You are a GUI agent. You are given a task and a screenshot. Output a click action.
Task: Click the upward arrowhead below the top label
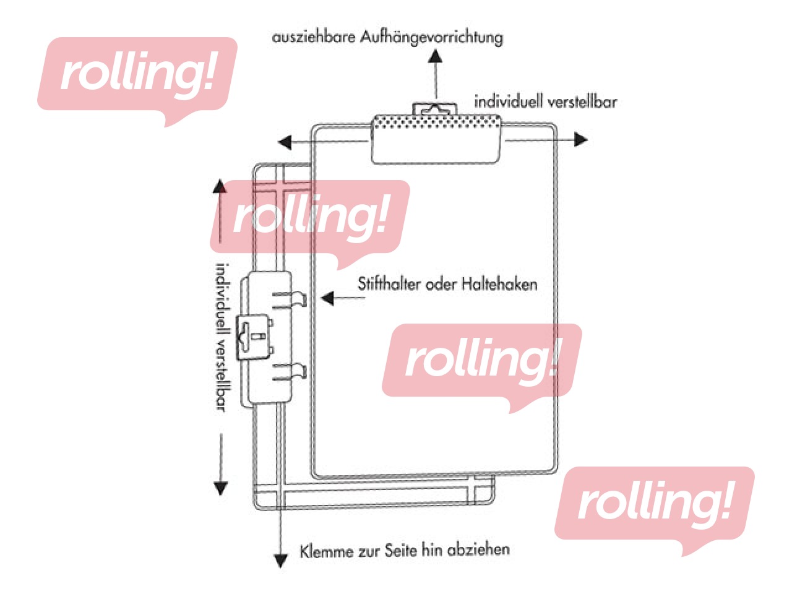point(436,55)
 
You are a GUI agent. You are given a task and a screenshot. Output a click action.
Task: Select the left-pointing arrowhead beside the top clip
point(285,142)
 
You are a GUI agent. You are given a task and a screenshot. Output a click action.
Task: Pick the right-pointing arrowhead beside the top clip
point(580,139)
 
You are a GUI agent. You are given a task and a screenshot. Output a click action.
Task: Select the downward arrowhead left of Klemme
point(281,560)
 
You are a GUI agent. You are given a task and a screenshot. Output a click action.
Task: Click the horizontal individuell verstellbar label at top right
point(545,101)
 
